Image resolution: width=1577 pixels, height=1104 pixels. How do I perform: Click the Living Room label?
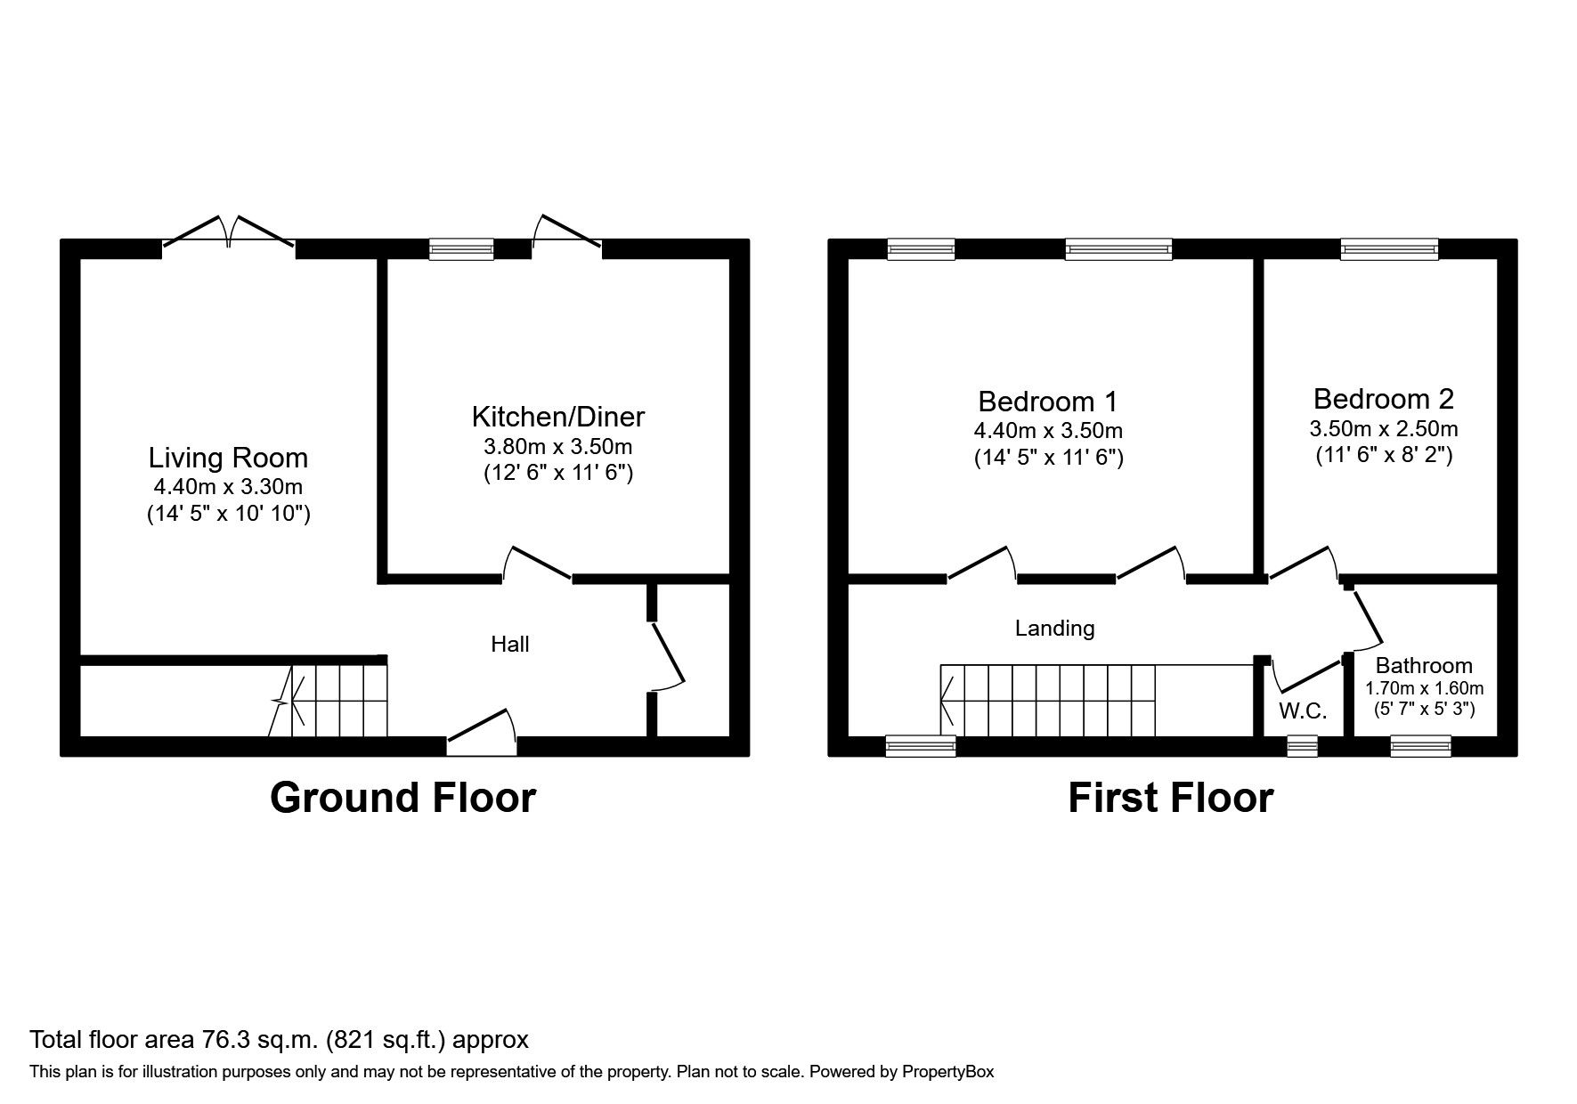coord(228,458)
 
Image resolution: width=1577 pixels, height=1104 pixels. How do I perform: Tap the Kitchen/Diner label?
coord(557,416)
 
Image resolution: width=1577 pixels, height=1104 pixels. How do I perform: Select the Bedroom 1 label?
coord(1047,401)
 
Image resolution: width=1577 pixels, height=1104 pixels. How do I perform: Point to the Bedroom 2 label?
coord(1383,398)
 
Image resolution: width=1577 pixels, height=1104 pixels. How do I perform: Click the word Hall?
coord(510,644)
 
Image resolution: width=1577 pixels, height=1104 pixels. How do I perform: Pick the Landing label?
coord(1054,629)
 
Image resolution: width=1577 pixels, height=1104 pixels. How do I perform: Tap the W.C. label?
coord(1303,710)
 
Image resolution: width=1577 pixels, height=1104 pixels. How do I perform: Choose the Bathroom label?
coord(1423,665)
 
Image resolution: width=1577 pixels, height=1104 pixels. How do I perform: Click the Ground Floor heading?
coord(402,798)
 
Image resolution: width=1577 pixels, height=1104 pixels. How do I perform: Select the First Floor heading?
coord(1170,798)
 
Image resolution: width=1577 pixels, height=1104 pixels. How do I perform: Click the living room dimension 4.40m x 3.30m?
coord(228,487)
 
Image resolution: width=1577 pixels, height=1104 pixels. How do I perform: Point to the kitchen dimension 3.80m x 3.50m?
coord(557,446)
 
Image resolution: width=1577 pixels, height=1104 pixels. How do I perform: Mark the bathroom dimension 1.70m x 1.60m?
coord(1424,688)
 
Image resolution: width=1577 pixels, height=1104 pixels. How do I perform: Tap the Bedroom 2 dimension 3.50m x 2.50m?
coord(1383,428)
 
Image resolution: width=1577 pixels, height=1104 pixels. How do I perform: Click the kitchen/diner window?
coord(460,249)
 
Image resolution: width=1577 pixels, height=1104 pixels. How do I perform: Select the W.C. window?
coord(1302,746)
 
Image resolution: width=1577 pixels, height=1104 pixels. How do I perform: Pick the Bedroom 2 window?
coord(1389,249)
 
